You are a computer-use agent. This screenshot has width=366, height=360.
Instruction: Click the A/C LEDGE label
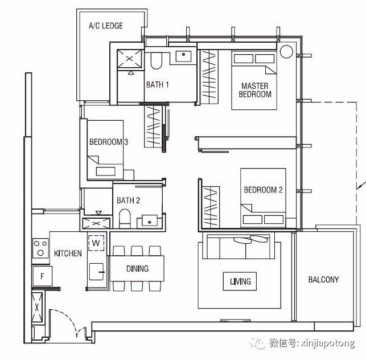(x=106, y=26)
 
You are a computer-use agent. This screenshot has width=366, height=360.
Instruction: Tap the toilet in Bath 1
(x=156, y=60)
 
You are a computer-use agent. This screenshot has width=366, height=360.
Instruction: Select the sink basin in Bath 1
(x=183, y=56)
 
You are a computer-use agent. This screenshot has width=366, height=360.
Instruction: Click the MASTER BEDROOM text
(x=255, y=90)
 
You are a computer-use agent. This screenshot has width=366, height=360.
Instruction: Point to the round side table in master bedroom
(x=286, y=51)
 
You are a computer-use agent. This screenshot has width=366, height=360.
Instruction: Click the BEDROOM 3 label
(x=109, y=142)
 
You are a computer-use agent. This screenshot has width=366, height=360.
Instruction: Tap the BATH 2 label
(x=128, y=200)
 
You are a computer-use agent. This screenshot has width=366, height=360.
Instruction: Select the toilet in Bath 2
(x=125, y=218)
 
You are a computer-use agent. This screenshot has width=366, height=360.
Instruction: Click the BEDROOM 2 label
(x=263, y=190)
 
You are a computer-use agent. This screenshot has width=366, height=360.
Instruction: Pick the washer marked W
(x=96, y=243)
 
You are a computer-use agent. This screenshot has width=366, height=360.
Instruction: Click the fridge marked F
(x=42, y=276)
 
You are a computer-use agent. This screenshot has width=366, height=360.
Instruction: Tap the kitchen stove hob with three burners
(x=40, y=248)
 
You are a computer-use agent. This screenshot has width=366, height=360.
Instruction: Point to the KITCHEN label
(x=68, y=253)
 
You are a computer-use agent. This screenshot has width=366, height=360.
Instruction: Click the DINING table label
(x=137, y=268)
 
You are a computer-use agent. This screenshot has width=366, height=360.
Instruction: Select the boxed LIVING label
(x=240, y=281)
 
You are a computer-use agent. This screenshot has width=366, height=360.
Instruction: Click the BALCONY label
(x=323, y=280)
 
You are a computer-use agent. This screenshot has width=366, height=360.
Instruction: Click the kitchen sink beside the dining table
(x=96, y=272)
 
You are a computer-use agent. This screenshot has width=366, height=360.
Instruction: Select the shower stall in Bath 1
(x=129, y=59)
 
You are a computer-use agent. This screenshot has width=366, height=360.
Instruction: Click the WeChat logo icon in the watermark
(x=257, y=343)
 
